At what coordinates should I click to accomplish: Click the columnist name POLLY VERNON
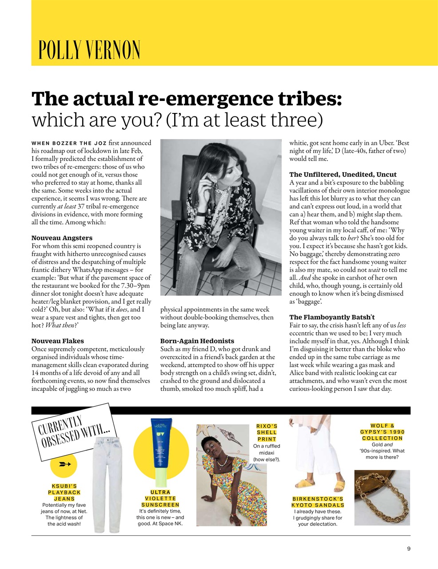pos(89,50)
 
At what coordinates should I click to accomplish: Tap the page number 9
pos(408,549)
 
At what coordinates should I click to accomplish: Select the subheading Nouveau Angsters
pos(62,238)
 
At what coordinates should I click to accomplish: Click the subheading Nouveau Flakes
pos(57,341)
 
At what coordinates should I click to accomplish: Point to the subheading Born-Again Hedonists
pos(197,341)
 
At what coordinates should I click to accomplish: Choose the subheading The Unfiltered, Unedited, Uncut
pos(342,174)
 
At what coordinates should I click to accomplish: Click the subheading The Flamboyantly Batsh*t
pos(331,317)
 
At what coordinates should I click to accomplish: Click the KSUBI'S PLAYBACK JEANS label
pos(64,492)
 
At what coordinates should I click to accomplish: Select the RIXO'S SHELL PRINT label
pos(267,433)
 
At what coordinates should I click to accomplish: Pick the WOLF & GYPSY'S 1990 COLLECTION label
pos(382,432)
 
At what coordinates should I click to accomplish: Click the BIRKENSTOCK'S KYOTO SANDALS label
pos(318,502)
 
